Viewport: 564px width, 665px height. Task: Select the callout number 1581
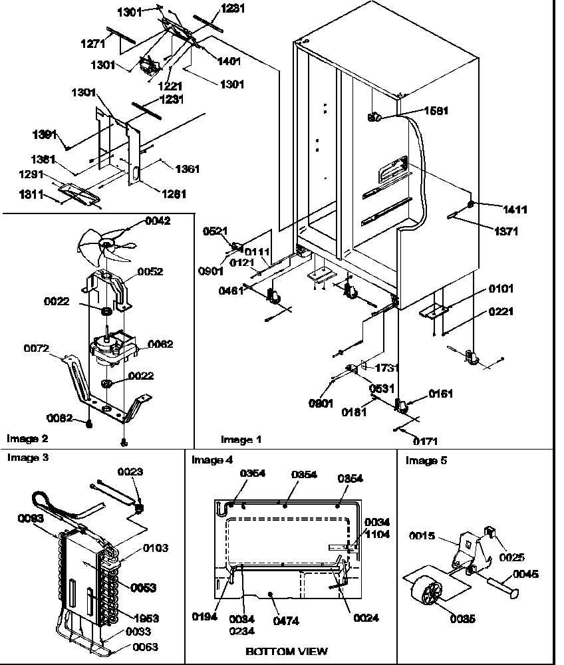pos(435,111)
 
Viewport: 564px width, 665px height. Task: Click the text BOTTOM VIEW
pos(287,651)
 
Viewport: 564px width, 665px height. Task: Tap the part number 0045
pos(525,574)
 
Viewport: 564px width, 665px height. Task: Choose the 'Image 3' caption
pos(27,458)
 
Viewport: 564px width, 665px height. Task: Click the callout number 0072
pos(37,348)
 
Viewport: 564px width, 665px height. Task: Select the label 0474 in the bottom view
pos(286,621)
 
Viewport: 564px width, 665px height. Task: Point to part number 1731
pos(388,367)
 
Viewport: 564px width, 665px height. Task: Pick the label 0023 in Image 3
pos(130,471)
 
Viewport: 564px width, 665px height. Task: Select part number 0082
pos(60,418)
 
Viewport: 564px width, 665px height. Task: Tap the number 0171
pos(426,440)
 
